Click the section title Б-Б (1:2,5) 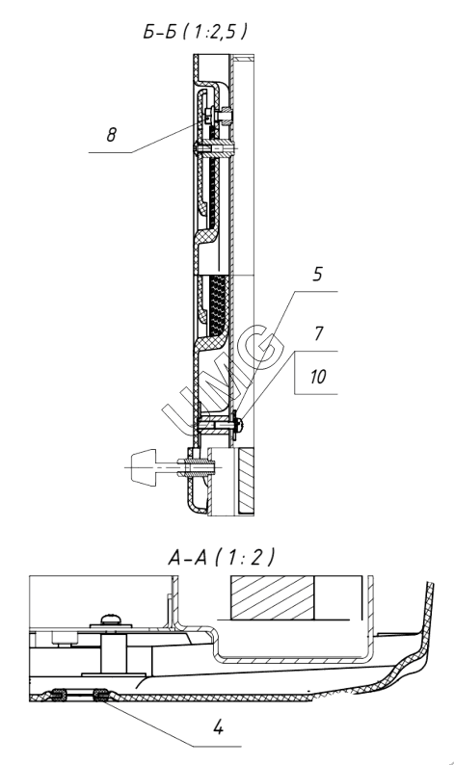[x=196, y=31]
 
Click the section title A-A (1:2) [x=221, y=557]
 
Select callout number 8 [x=111, y=135]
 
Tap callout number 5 [x=317, y=275]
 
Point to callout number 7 [x=318, y=333]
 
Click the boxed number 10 [x=318, y=377]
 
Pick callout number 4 [x=218, y=727]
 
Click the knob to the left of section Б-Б [x=143, y=467]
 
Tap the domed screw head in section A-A [x=112, y=620]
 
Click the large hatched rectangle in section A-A [x=273, y=597]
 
